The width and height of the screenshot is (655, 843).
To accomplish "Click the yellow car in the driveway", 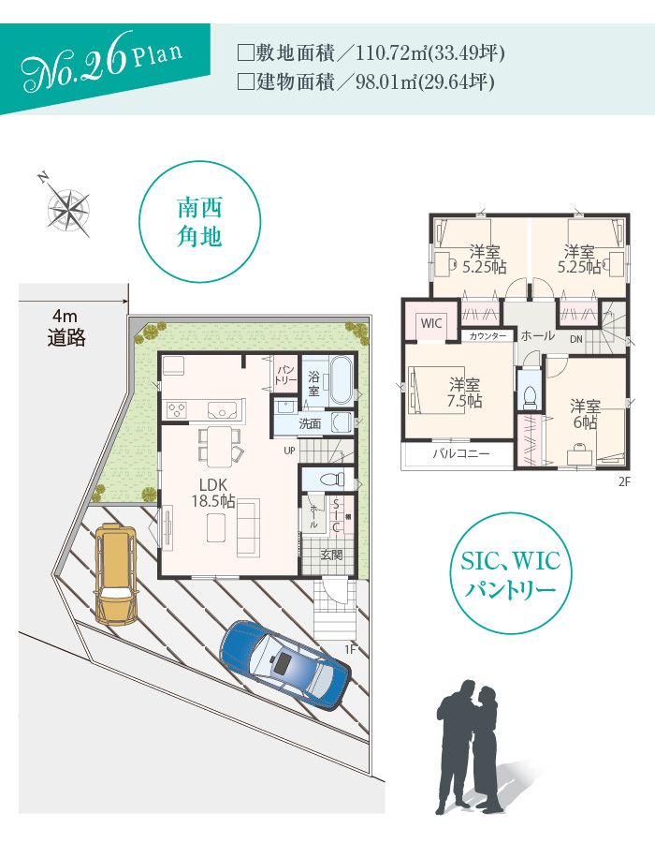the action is point(115,574).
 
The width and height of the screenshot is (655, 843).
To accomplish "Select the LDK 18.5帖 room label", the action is point(213,493).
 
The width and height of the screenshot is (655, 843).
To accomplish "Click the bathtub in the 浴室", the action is point(341,380).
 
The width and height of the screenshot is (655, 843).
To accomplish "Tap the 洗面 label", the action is point(310,423).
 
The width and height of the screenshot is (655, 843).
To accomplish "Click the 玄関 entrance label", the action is point(331,554).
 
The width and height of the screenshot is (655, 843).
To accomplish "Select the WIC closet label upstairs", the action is point(431,323).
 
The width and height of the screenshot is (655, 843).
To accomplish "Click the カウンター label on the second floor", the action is point(488,336).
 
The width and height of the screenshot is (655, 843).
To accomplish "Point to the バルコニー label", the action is point(461,453).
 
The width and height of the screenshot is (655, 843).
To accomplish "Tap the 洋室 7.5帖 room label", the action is point(465,392).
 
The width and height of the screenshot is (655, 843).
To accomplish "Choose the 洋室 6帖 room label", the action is point(585,414).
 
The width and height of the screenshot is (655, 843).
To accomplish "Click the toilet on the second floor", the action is point(530,396).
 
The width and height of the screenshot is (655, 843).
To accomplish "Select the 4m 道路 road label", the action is point(66,328).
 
